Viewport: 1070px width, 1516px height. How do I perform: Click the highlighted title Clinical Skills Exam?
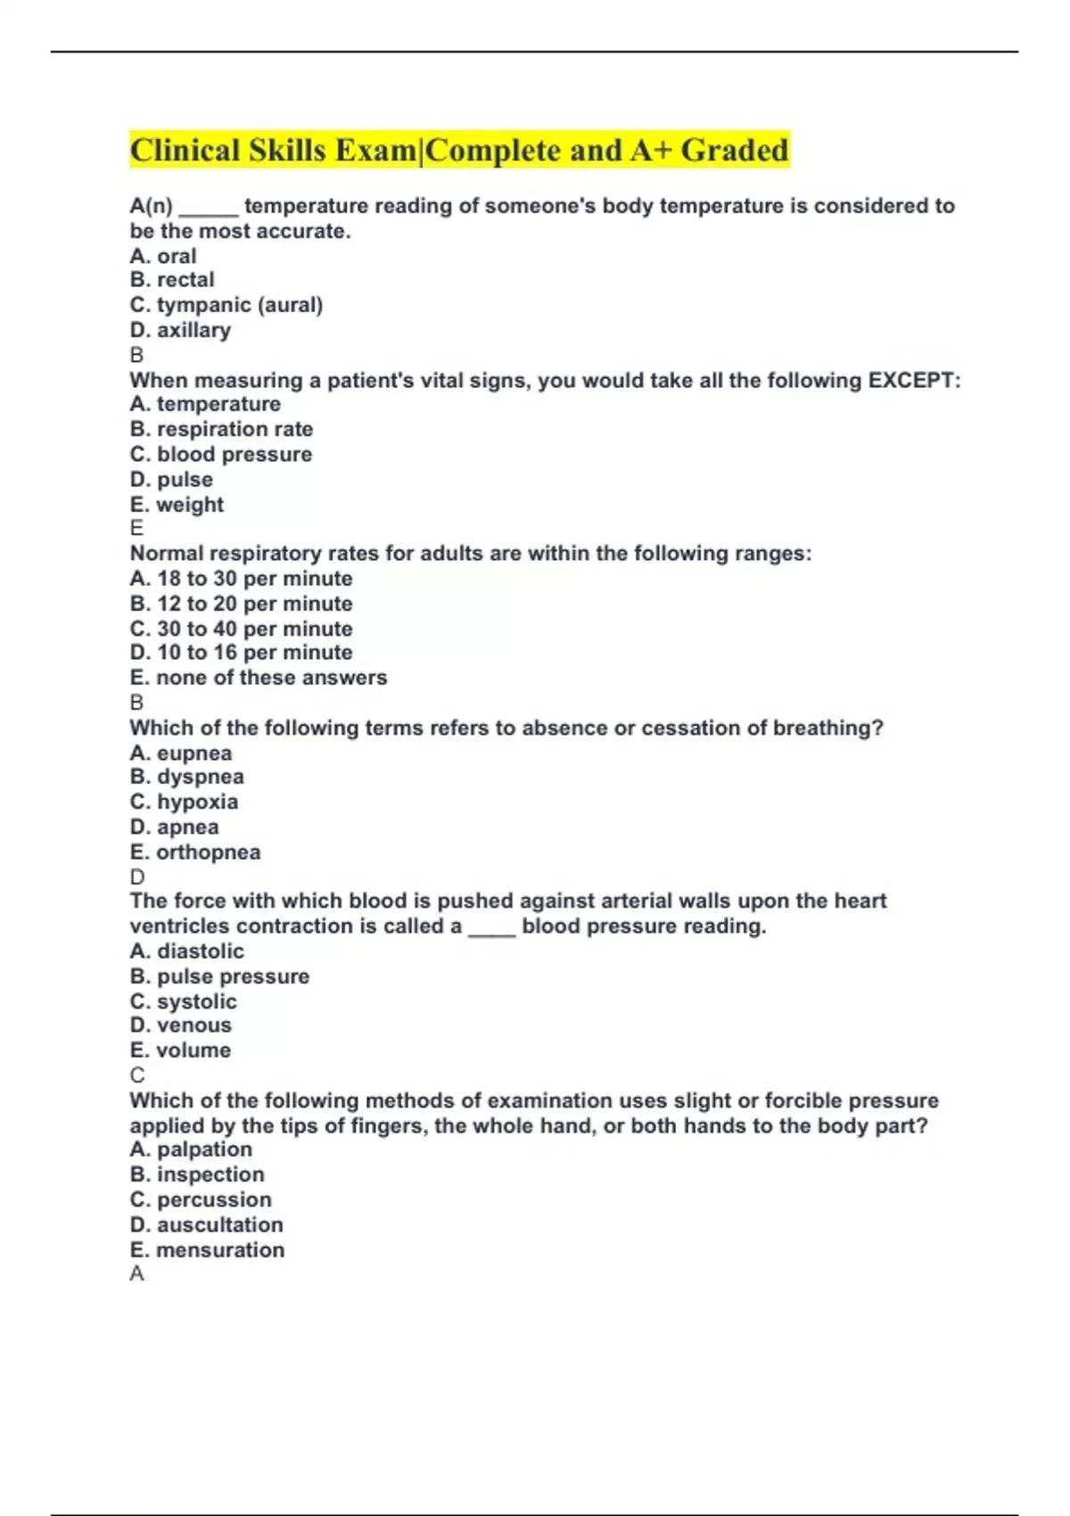(459, 150)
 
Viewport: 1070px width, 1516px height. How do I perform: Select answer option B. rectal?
(172, 280)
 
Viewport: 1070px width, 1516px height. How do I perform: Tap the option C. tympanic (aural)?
(226, 305)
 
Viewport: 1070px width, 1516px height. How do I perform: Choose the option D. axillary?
(180, 330)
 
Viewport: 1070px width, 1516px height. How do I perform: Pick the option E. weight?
(177, 505)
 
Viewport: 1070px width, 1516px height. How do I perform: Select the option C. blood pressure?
(221, 455)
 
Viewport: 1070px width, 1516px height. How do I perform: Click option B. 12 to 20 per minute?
(241, 604)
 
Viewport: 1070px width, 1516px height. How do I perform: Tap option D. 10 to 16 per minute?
(241, 653)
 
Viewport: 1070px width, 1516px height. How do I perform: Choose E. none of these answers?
(259, 678)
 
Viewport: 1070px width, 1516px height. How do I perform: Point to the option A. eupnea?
(181, 754)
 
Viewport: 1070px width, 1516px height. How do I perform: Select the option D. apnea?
(174, 828)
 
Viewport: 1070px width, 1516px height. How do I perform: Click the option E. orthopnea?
(195, 853)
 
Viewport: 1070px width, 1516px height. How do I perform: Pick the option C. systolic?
(184, 1001)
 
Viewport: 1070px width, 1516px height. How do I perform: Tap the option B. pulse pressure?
(219, 976)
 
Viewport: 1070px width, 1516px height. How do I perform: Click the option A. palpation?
(191, 1149)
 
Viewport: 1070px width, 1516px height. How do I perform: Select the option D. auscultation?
(207, 1225)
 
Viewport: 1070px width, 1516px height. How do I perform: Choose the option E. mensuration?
(207, 1250)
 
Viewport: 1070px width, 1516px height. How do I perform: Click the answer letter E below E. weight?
(136, 528)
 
